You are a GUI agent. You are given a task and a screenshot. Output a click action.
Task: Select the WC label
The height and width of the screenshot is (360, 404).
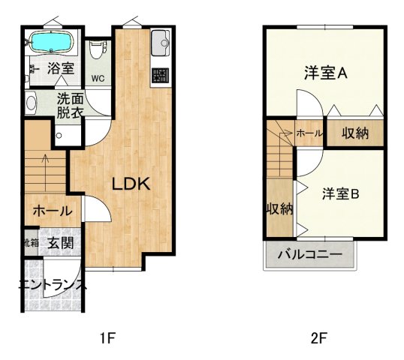click(x=98, y=78)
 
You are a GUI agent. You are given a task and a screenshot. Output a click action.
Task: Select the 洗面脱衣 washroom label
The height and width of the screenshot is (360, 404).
click(x=71, y=104)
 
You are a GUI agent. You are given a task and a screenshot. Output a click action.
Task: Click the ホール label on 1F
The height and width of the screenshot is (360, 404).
click(x=52, y=211)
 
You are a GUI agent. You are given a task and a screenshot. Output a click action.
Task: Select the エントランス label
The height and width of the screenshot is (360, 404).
click(x=53, y=285)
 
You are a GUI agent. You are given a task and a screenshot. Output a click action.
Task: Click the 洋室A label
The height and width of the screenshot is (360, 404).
click(x=324, y=73)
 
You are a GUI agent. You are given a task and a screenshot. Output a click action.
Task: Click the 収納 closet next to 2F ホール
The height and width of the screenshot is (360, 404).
click(x=355, y=133)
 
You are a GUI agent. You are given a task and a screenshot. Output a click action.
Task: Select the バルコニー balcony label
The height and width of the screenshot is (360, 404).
click(x=310, y=254)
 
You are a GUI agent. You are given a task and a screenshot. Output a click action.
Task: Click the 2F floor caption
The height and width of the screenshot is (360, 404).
click(x=320, y=337)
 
